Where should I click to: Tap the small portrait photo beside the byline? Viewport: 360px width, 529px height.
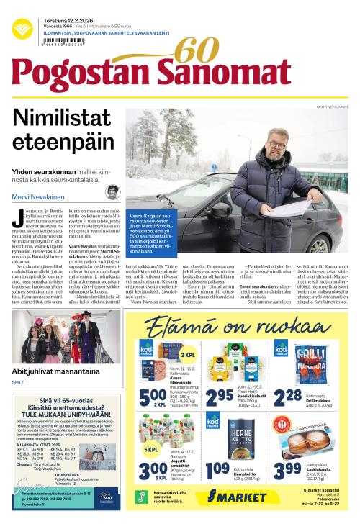[112, 193]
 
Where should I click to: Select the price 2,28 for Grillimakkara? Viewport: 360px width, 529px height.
[287, 396]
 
